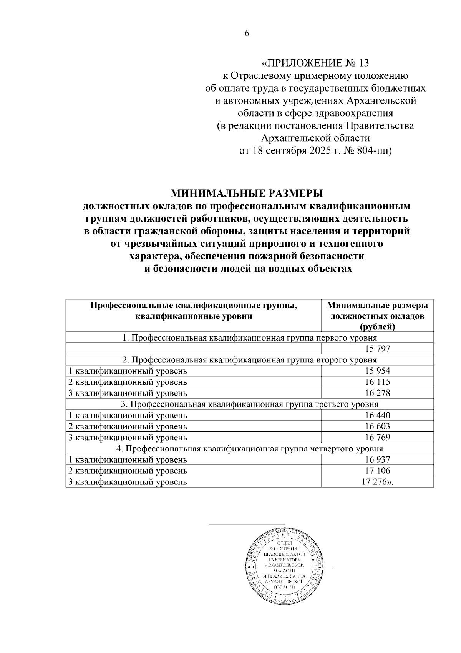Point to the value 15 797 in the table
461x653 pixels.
[x=378, y=349]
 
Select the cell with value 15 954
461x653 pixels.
[x=378, y=371]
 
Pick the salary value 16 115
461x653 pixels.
[x=378, y=382]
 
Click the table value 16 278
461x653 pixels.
[x=378, y=393]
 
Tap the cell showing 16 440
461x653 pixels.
[x=378, y=416]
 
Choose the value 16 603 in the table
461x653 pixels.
[x=378, y=426]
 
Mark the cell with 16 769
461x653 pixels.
[x=378, y=438]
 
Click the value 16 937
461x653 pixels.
[x=378, y=460]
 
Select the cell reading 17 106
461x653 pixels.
[x=378, y=471]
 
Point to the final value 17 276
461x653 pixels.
[x=375, y=482]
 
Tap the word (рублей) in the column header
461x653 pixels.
[x=378, y=327]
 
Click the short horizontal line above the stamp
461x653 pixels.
[x=247, y=524]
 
